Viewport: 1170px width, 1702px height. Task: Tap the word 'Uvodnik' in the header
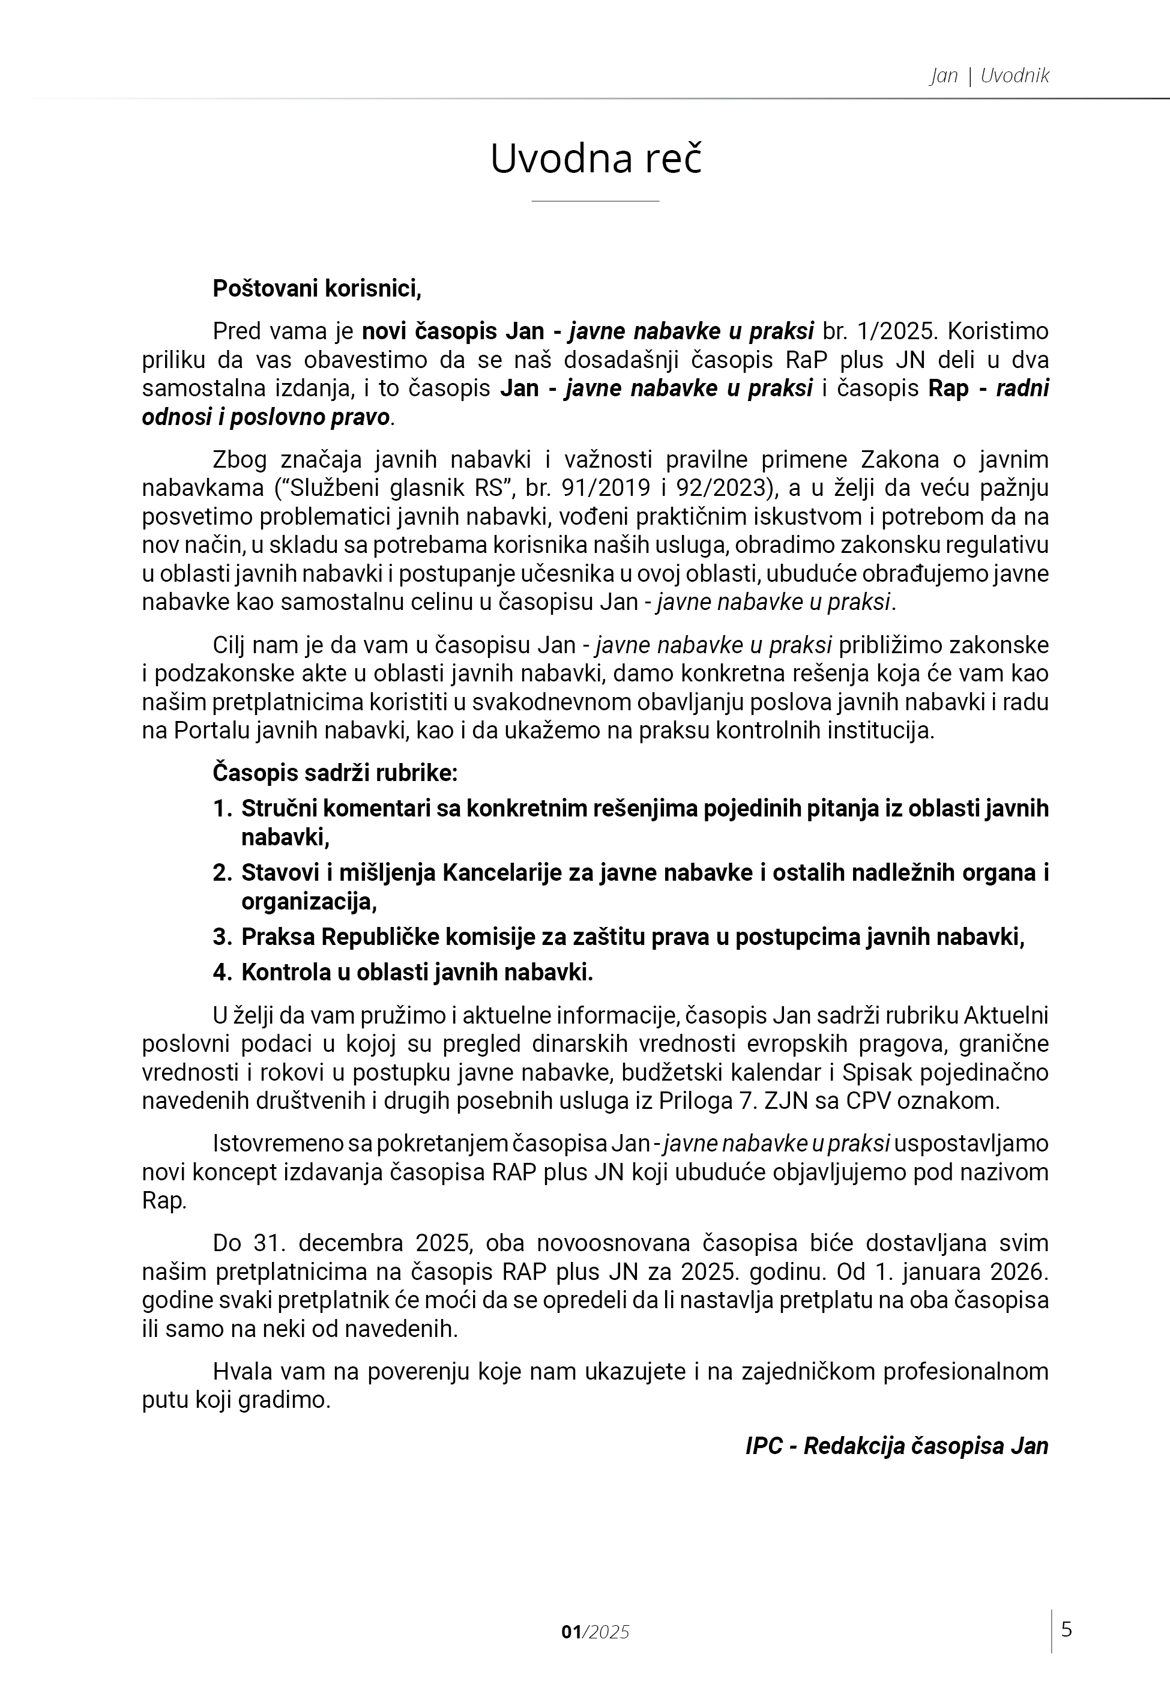[1015, 76]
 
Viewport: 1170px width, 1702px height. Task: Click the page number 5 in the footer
[1067, 1629]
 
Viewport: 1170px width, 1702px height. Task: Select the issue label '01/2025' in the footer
[596, 1632]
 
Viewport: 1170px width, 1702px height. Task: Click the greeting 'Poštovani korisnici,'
[317, 289]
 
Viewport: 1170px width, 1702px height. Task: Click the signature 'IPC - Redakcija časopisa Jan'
[897, 1446]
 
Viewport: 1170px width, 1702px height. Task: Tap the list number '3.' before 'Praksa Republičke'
[222, 937]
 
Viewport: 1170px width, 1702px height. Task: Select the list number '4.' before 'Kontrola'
[222, 972]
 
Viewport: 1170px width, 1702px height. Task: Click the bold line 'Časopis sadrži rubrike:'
[335, 773]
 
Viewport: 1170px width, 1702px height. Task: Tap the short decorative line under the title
[596, 200]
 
